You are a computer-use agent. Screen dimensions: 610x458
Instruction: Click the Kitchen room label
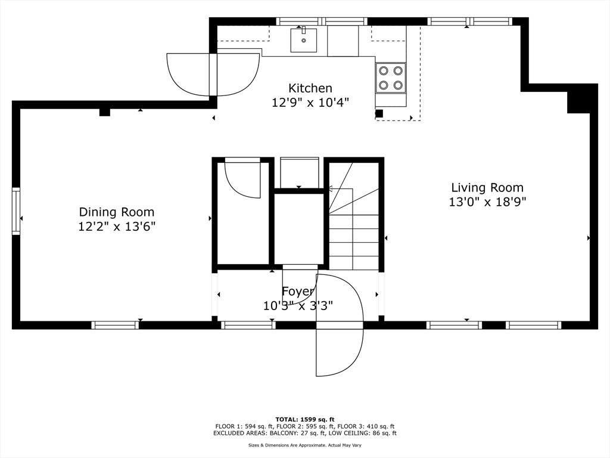coord(310,88)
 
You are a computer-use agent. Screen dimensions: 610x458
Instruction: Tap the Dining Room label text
coord(117,212)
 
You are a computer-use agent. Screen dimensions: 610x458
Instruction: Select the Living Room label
coord(487,187)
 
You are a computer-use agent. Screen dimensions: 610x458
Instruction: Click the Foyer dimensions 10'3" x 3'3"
coord(298,306)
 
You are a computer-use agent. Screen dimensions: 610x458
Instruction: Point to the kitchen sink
coord(303,40)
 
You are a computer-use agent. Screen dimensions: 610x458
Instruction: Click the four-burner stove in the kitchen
coord(391,78)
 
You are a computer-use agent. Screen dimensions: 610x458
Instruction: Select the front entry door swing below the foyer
coord(340,325)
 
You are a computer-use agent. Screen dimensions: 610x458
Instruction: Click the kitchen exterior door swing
coord(213,75)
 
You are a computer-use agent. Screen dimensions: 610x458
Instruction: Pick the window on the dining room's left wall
coord(16,211)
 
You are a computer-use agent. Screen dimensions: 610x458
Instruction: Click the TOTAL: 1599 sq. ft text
coord(305,419)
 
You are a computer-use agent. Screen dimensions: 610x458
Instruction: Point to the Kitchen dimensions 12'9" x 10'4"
coord(310,103)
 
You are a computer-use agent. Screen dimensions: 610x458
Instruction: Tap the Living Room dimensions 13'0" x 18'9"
coord(487,202)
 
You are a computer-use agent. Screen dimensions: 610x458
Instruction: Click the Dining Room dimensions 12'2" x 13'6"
coord(117,226)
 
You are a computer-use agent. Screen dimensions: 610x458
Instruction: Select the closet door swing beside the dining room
coord(242,178)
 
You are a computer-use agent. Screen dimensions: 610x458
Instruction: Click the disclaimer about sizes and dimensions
coord(305,445)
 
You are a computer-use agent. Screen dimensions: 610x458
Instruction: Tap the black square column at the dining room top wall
coord(105,112)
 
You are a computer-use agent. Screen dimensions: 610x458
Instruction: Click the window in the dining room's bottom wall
coord(115,325)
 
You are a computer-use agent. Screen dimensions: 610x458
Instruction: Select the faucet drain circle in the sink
coord(303,41)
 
